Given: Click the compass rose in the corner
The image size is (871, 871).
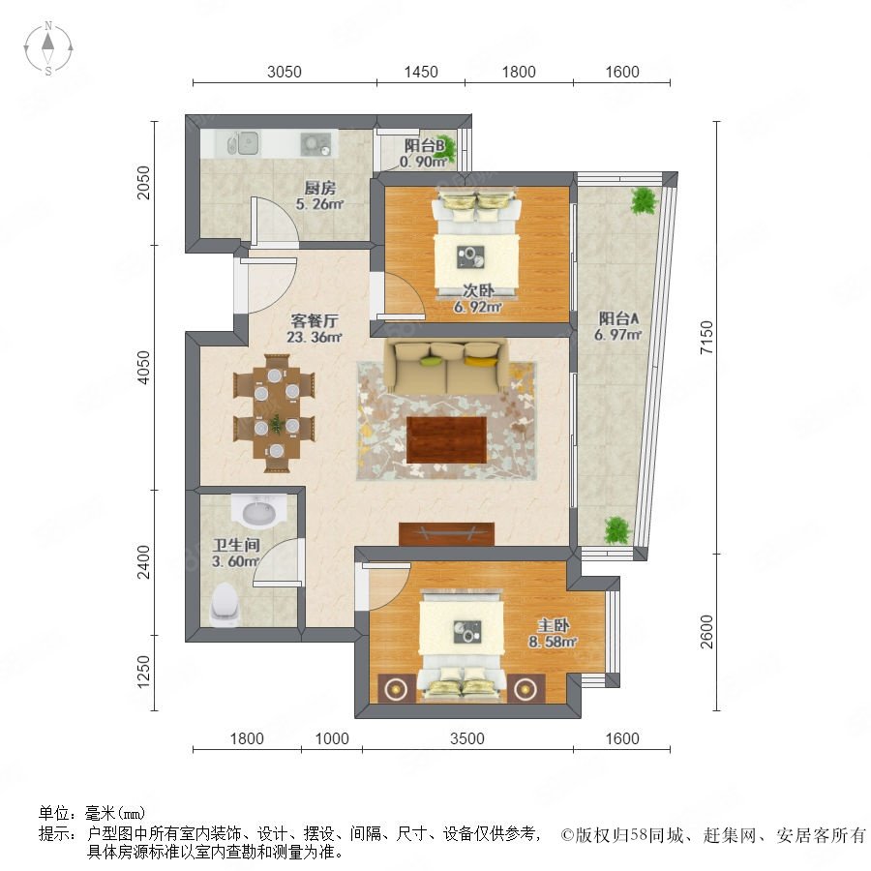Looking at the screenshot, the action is click(x=48, y=48).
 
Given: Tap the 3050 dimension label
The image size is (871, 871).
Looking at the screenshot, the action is click(x=284, y=72).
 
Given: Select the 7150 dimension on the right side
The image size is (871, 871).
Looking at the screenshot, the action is click(x=706, y=337).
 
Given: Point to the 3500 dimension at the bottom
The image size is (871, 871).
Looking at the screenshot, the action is click(x=467, y=738).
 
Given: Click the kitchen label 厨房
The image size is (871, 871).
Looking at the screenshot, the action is click(x=320, y=188).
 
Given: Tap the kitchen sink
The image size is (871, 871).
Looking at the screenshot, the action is click(x=243, y=143).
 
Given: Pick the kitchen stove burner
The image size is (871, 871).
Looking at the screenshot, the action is click(x=315, y=144).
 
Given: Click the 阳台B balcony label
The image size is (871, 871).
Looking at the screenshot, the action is click(x=424, y=145).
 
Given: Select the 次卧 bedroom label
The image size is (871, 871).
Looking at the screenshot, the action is click(x=478, y=290).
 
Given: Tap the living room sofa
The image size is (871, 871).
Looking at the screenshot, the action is click(x=447, y=366).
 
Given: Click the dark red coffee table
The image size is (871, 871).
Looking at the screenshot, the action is click(x=446, y=439).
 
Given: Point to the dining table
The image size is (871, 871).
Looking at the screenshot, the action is click(x=276, y=412).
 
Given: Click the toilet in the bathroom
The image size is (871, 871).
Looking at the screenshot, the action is click(x=225, y=604).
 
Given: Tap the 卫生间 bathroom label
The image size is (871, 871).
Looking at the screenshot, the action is click(x=236, y=545).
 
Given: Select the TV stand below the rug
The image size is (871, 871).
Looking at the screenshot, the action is click(x=446, y=534).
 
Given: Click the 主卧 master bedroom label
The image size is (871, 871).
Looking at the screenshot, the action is click(x=554, y=625).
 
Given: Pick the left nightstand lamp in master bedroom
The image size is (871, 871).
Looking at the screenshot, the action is click(x=396, y=689).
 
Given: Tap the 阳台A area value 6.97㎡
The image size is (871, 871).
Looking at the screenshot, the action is click(x=617, y=335).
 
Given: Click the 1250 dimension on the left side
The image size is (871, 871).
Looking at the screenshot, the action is click(x=143, y=672).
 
